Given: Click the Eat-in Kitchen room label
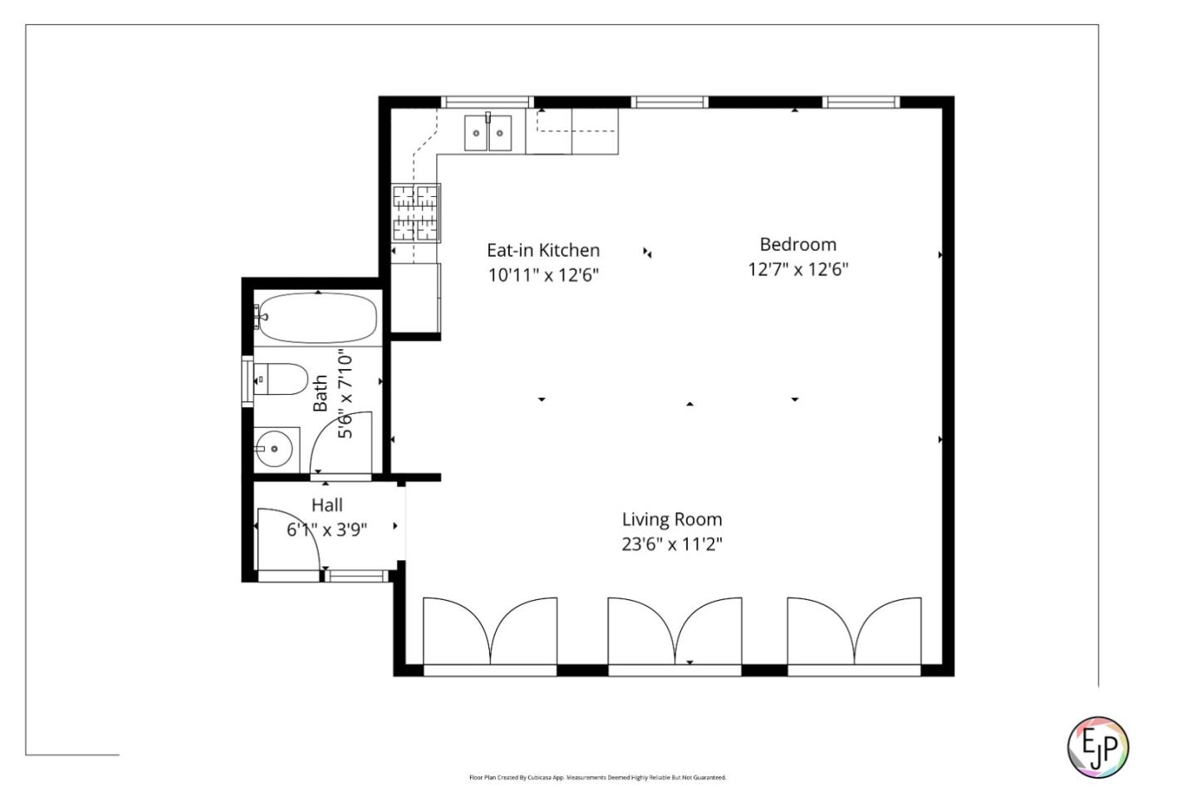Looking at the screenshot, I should tap(543, 250).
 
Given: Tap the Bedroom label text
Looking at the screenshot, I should tap(797, 244).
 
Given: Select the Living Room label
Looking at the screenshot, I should tap(672, 519).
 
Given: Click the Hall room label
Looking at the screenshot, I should tap(326, 504).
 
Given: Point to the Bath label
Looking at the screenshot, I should tap(320, 393).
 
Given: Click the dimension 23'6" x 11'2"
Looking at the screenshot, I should tap(672, 544).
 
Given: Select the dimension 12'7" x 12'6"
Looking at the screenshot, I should tap(797, 269).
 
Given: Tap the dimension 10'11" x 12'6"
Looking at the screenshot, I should tap(543, 275).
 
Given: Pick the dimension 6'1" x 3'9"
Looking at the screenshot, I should tap(326, 529).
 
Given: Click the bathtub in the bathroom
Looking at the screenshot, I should tap(316, 317).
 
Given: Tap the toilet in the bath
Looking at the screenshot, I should tap(279, 380).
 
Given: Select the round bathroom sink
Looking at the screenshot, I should tap(274, 450).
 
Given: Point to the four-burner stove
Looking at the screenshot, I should tap(415, 213).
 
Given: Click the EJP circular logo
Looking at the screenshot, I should tap(1097, 746).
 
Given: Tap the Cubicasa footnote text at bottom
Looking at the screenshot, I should tap(597, 778).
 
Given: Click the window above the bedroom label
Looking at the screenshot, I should tap(861, 102).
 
